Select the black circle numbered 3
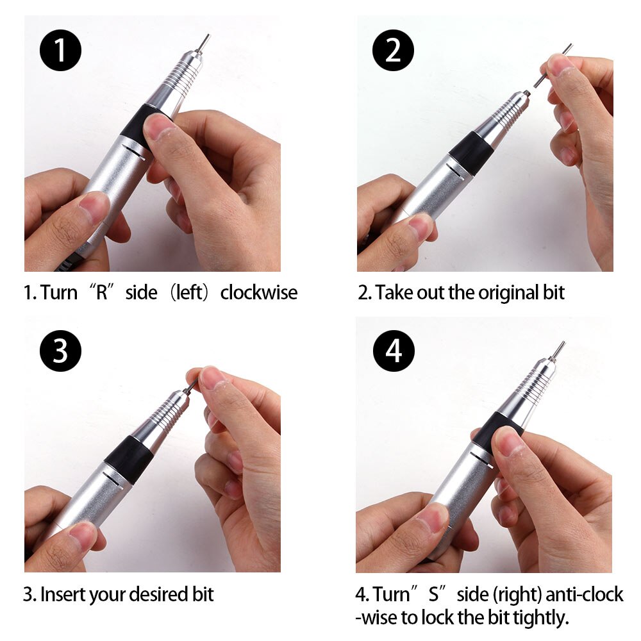pos(61,351)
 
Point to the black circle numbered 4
pos(393,351)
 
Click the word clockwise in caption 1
pos(259,293)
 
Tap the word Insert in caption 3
pos(62,594)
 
